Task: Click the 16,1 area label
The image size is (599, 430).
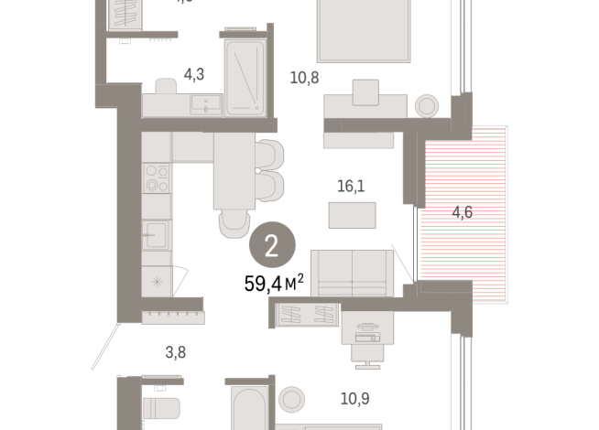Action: click(351, 186)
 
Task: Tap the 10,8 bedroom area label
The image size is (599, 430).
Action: click(304, 77)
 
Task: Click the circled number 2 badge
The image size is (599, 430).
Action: click(272, 245)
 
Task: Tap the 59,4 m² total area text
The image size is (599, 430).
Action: click(273, 284)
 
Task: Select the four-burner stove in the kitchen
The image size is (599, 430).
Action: click(157, 177)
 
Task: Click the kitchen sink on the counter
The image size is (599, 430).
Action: click(157, 235)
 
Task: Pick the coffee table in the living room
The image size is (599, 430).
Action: click(353, 215)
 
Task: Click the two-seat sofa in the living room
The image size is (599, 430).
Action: click(352, 273)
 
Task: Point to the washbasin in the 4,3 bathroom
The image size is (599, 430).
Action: click(205, 104)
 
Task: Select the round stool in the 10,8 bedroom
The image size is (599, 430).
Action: click(427, 106)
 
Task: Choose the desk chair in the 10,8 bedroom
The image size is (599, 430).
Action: click(365, 92)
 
